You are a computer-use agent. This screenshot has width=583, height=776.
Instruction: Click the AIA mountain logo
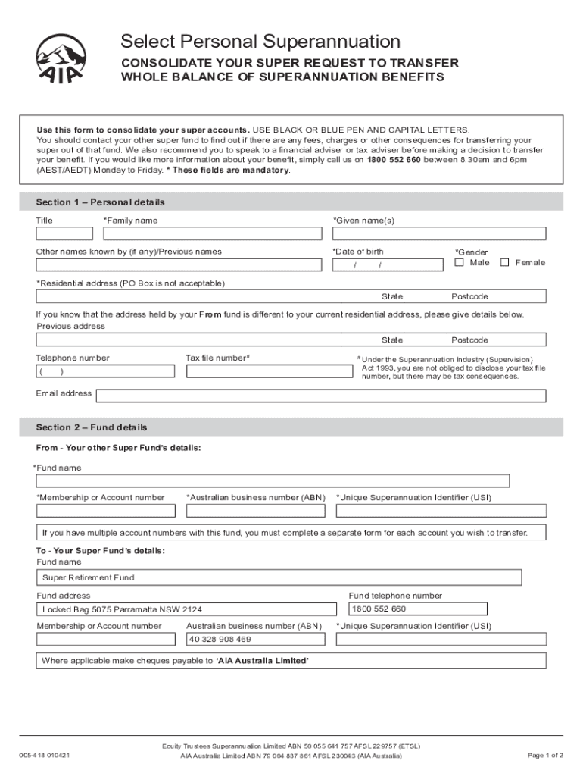(61, 58)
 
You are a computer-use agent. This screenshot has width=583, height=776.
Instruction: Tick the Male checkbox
(460, 262)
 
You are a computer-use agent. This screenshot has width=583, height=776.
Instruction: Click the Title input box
(64, 233)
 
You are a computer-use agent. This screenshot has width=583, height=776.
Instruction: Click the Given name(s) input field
(438, 233)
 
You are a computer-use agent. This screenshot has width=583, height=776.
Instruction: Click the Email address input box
(321, 396)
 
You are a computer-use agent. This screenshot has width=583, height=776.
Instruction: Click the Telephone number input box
(105, 371)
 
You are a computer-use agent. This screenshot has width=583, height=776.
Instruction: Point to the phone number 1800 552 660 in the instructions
(394, 161)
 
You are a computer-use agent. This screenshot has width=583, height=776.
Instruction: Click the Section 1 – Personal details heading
(100, 202)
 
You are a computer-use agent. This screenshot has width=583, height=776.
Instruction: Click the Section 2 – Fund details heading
(92, 427)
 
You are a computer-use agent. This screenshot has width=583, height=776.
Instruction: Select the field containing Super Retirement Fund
(279, 577)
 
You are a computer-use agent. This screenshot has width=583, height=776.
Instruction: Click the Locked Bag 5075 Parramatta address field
(186, 609)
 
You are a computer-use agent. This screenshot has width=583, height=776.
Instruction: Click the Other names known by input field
(179, 264)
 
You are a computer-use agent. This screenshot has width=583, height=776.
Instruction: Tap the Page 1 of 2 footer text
(544, 755)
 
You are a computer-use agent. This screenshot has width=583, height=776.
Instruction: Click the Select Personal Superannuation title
(261, 41)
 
